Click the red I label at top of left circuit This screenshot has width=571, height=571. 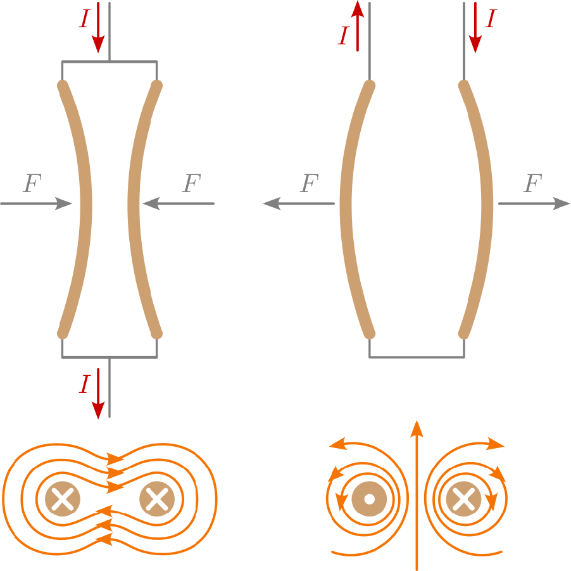click(84, 20)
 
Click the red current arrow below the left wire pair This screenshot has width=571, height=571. click(98, 393)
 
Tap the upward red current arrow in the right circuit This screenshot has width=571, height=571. click(358, 25)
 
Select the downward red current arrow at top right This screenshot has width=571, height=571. click(475, 29)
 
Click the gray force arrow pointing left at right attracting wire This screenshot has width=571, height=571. click(179, 203)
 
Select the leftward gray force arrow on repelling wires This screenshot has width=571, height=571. click(298, 203)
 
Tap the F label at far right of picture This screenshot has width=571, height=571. click(532, 184)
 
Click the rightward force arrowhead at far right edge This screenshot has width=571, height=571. click(562, 203)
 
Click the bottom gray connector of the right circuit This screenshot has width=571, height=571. click(417, 357)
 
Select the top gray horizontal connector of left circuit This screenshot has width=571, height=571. click(109, 61)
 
